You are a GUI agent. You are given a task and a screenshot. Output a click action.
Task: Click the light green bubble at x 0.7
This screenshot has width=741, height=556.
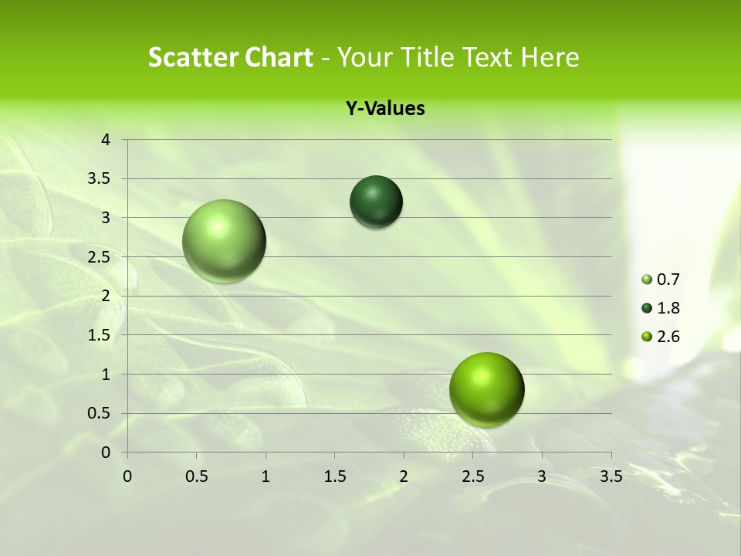pyautogui.click(x=224, y=241)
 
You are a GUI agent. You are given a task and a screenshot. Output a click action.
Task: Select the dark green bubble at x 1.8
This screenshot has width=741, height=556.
pyautogui.click(x=376, y=202)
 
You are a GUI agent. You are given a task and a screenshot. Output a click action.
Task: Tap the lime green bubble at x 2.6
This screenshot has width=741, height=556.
pyautogui.click(x=486, y=389)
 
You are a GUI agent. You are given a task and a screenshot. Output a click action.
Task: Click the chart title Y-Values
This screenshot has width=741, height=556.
pyautogui.click(x=384, y=109)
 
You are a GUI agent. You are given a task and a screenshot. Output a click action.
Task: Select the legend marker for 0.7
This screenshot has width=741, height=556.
pyautogui.click(x=647, y=280)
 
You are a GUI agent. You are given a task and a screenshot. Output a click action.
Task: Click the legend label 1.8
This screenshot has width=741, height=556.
pyautogui.click(x=668, y=308)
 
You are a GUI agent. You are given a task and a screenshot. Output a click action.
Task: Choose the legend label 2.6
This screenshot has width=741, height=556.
pyautogui.click(x=668, y=337)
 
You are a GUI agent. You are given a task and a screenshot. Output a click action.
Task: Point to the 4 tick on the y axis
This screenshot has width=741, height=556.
pyautogui.click(x=107, y=140)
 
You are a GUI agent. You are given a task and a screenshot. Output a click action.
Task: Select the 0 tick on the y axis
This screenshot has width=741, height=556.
pyautogui.click(x=107, y=453)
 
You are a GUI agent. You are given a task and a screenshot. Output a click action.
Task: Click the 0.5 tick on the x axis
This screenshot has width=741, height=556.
pyautogui.click(x=196, y=476)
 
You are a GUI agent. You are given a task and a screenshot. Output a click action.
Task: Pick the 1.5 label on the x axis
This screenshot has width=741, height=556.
pyautogui.click(x=334, y=476)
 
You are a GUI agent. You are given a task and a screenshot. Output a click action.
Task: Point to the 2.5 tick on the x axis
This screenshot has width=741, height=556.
pyautogui.click(x=472, y=476)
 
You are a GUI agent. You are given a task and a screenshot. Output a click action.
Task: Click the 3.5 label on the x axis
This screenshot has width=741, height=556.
pyautogui.click(x=611, y=476)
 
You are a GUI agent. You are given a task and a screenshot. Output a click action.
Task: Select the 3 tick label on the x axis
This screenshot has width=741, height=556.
pyautogui.click(x=542, y=476)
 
